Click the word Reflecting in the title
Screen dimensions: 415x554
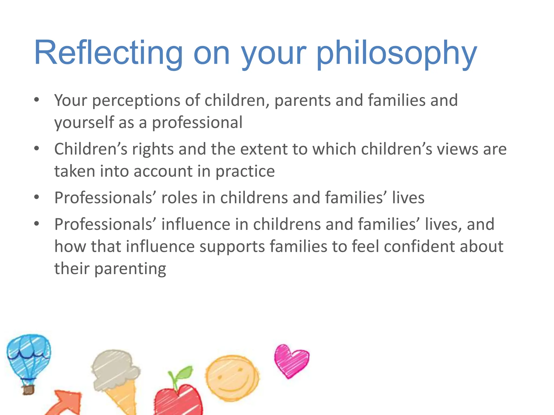108,53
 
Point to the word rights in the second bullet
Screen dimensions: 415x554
153,149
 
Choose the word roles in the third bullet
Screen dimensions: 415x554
179,198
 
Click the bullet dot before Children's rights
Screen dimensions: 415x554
37,148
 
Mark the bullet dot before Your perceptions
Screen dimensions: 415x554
37,100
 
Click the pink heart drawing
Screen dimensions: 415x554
291,361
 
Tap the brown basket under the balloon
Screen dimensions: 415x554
28,390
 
